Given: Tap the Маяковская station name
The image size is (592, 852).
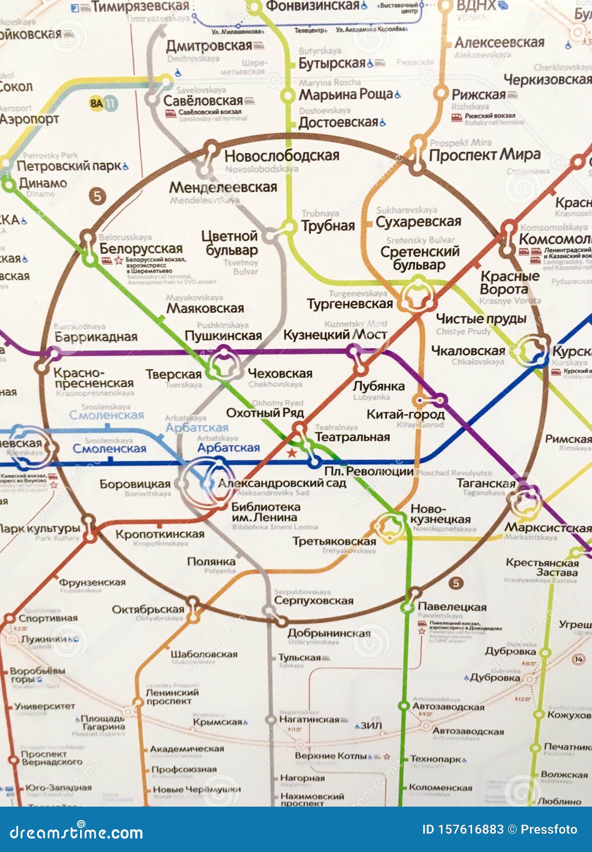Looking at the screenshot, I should pyautogui.click(x=205, y=308).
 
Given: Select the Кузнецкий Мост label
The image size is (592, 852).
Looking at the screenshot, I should pyautogui.click(x=335, y=335).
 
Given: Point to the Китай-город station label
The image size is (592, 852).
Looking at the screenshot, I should pyautogui.click(x=406, y=414).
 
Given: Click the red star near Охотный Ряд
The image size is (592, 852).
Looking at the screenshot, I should pyautogui.click(x=292, y=452).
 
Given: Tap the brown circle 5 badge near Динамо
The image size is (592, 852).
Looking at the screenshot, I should pyautogui.click(x=98, y=196).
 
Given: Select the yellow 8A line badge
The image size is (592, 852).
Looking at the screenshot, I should pyautogui.click(x=96, y=104).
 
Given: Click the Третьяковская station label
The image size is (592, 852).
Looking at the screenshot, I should pyautogui.click(x=335, y=541).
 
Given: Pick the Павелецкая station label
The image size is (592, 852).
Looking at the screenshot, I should pyautogui.click(x=452, y=607).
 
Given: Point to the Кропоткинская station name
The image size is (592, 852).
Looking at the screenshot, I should pyautogui.click(x=160, y=534).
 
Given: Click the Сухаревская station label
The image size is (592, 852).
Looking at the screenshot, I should pyautogui.click(x=418, y=221).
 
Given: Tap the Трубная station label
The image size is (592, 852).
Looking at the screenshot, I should pyautogui.click(x=328, y=226).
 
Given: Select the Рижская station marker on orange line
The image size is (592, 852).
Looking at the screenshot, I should pyautogui.click(x=441, y=93).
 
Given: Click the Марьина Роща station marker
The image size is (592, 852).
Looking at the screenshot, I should pyautogui.click(x=288, y=95).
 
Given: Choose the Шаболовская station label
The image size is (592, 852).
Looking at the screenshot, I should pyautogui.click(x=204, y=654).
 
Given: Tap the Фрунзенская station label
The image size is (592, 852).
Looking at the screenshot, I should pyautogui.click(x=92, y=582).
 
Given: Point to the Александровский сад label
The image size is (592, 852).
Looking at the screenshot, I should pyautogui.click(x=282, y=483).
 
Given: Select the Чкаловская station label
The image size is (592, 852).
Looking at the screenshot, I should pyautogui.click(x=468, y=350).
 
